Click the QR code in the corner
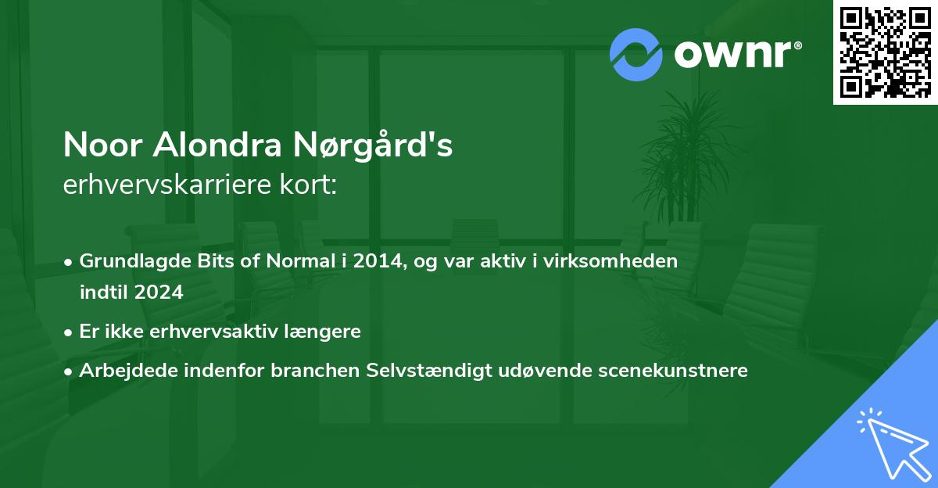click(885, 52)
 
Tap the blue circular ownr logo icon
click(636, 54)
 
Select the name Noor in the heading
click(102, 145)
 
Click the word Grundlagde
click(130, 261)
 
